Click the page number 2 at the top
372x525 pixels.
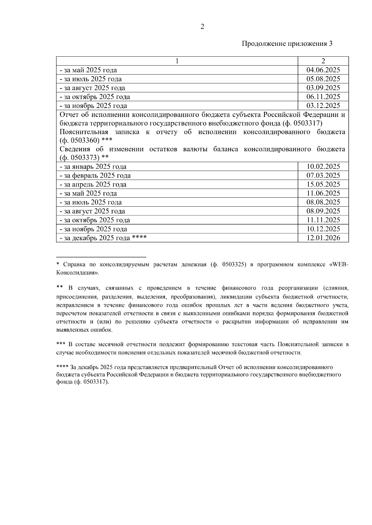point(202,27)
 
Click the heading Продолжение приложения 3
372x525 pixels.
point(287,44)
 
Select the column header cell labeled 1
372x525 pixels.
point(177,61)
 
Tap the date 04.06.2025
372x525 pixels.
point(323,70)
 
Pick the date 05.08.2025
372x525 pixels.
point(323,79)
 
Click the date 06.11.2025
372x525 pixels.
point(323,97)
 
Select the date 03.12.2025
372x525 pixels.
point(323,106)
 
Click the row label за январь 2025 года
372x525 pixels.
point(93,167)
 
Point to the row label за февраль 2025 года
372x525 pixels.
point(95,176)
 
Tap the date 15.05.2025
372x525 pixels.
point(323,184)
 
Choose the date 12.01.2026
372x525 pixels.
point(323,238)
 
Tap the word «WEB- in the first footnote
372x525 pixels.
point(339,265)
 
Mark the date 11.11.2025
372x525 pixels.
point(323,220)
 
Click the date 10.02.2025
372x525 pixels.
point(323,167)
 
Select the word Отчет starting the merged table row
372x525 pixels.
point(69,115)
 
